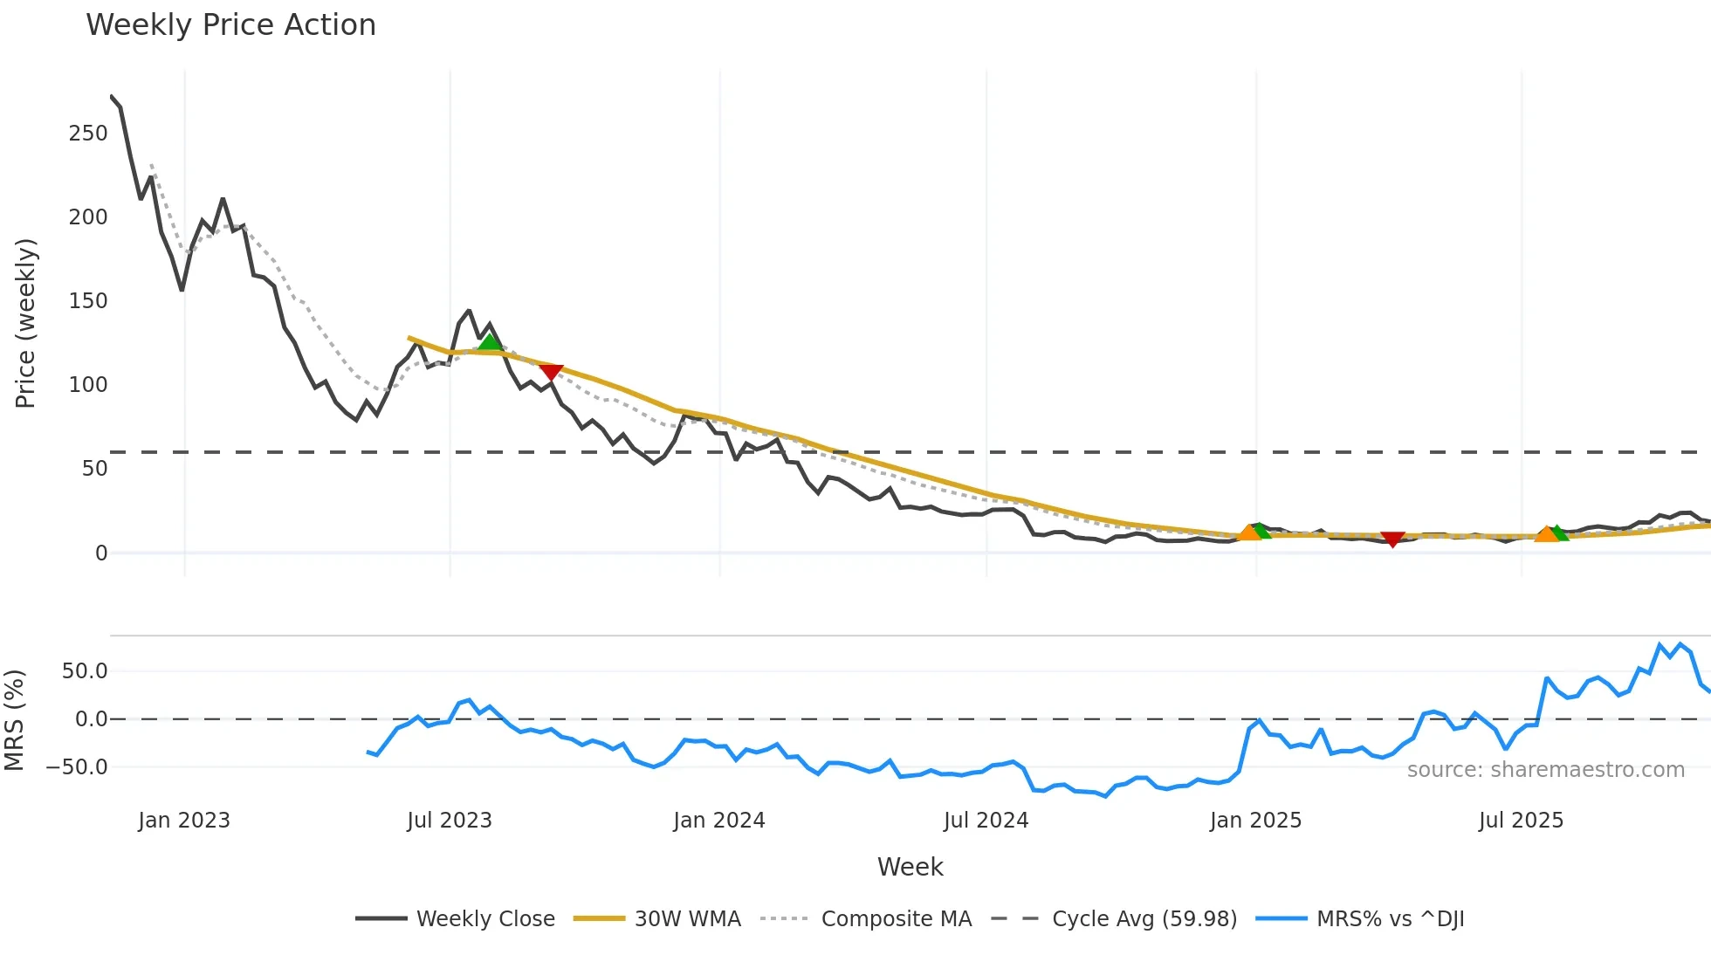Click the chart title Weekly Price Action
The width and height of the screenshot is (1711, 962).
tap(230, 25)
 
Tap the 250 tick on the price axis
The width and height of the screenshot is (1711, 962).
tap(88, 134)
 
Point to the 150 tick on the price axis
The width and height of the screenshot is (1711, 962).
tap(88, 301)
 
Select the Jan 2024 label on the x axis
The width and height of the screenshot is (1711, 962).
tap(718, 821)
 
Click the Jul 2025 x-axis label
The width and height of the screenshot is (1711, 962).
tap(1521, 821)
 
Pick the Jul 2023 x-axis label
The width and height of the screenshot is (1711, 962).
tap(450, 821)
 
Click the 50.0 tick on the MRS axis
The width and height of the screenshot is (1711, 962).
tap(85, 671)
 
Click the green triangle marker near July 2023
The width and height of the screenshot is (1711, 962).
tap(490, 341)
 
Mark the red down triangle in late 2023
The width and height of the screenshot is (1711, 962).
tap(551, 373)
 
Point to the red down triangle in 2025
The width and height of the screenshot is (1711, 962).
tap(1392, 539)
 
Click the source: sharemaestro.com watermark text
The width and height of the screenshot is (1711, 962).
tap(1545, 770)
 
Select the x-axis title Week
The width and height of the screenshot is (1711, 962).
tap(910, 867)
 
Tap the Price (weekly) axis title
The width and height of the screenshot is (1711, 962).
tap(25, 323)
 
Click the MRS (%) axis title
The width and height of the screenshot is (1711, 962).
tap(14, 720)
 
